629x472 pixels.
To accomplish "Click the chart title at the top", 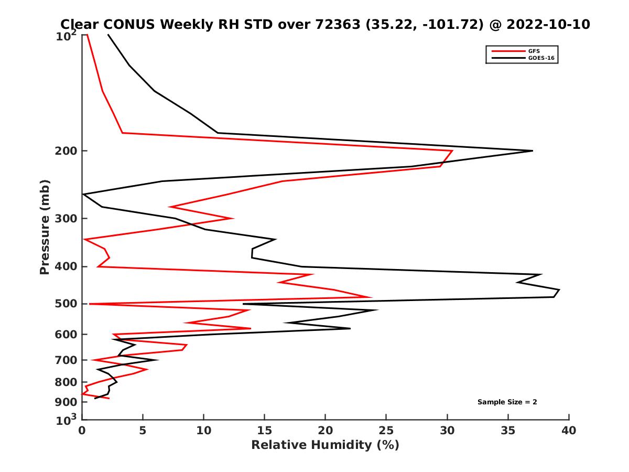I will pos(325,24).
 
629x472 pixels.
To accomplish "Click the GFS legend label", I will pos(534,51).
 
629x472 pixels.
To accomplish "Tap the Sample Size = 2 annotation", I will pos(507,402).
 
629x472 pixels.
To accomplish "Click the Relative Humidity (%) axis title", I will pos(325,445).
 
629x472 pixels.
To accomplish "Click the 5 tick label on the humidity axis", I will pos(143,431).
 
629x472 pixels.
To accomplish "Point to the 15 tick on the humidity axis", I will pos(264,431).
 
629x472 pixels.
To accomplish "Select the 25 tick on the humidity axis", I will pos(386,431).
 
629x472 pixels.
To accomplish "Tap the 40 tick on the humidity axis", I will pos(569,431).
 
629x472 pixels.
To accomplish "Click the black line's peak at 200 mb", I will pos(533,151).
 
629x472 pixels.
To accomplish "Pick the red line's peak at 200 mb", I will pos(452,151).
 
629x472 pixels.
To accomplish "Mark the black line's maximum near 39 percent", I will pos(559,290).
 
